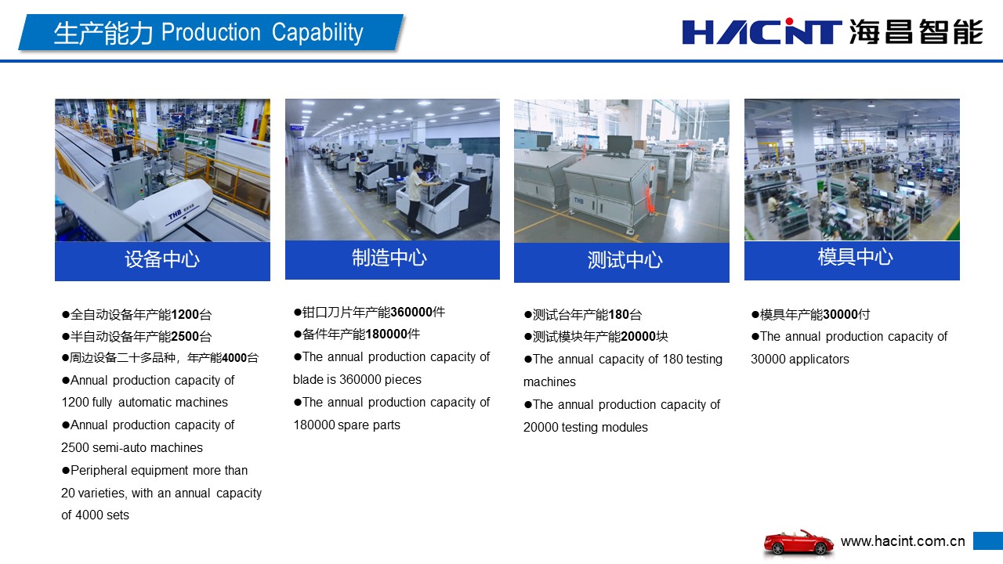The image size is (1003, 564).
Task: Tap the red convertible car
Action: tap(798, 544)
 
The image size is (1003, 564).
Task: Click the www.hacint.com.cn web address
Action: tap(903, 541)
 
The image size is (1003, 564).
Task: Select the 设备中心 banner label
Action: tap(162, 259)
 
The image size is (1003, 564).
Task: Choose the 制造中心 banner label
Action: tap(389, 258)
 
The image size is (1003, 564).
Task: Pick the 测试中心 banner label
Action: tap(625, 260)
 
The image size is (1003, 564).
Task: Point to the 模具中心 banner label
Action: tap(855, 257)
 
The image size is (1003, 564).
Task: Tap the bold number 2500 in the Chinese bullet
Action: tap(185, 337)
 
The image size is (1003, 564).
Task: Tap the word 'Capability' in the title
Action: tap(317, 33)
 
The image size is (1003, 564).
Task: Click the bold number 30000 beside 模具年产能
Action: tap(840, 314)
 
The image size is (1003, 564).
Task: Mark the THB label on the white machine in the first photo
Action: tap(175, 215)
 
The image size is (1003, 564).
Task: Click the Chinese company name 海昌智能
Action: tap(916, 32)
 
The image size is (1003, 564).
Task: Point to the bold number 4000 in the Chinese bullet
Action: tap(234, 358)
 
